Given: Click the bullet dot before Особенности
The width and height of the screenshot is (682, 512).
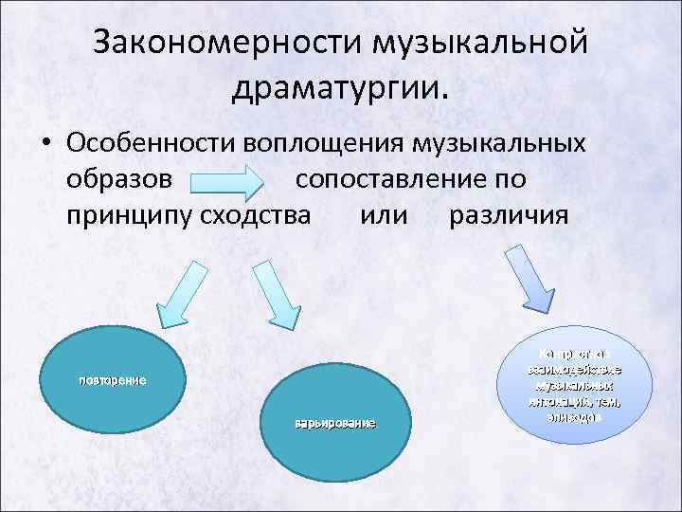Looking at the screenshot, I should pyautogui.click(x=45, y=143).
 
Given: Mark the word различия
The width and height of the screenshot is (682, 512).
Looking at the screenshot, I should pyautogui.click(x=510, y=214).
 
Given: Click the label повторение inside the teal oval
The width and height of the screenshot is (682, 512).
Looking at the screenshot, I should pyautogui.click(x=111, y=380).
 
